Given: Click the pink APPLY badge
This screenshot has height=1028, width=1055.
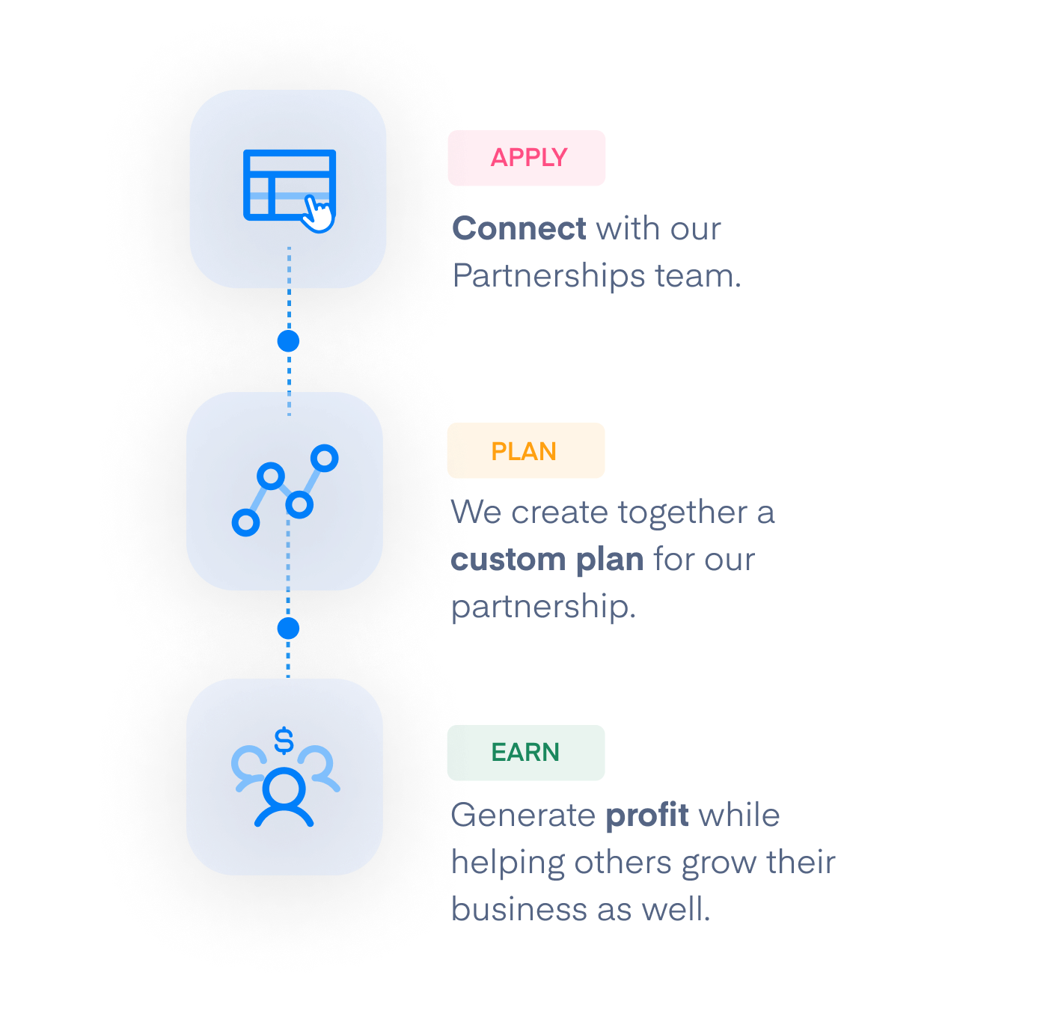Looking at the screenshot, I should [x=526, y=158].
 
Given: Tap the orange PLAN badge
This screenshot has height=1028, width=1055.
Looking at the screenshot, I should [x=525, y=450].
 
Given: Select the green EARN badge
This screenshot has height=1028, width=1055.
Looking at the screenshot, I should [x=525, y=753].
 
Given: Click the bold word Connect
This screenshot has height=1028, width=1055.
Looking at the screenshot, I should [x=519, y=229].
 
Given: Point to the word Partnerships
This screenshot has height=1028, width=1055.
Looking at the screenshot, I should [x=549, y=276].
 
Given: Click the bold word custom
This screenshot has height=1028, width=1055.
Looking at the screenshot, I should [x=509, y=560].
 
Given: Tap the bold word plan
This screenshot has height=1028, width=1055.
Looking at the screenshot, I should [x=610, y=560].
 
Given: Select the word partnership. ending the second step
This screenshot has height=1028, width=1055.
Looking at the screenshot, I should [x=543, y=607].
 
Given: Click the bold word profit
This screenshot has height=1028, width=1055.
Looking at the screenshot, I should [x=647, y=815].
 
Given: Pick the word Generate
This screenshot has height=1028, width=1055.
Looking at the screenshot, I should [x=524, y=815].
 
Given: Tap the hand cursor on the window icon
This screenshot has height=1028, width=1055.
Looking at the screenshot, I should [x=319, y=215].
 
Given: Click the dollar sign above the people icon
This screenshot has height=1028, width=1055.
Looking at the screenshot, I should [x=284, y=741].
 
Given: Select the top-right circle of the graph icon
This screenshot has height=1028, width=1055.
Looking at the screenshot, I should [x=325, y=458].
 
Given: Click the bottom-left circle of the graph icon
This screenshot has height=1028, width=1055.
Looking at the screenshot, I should [x=245, y=522].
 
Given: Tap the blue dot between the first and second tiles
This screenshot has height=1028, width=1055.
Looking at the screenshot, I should [x=288, y=341].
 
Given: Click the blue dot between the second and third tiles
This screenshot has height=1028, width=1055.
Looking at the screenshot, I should [x=288, y=628].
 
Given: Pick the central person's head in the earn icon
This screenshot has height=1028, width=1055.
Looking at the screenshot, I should [x=284, y=787].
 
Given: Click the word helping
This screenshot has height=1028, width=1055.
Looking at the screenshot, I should [x=509, y=863].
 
